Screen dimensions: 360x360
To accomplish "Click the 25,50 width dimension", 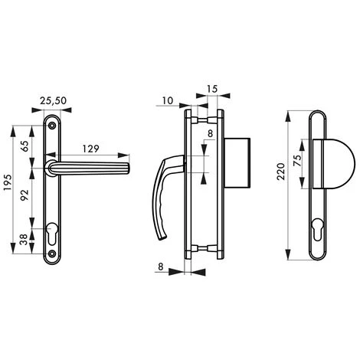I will tap(52, 101).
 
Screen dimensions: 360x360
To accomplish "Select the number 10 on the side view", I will tap(168, 101).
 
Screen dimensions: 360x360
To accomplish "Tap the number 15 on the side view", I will tap(212, 90).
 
